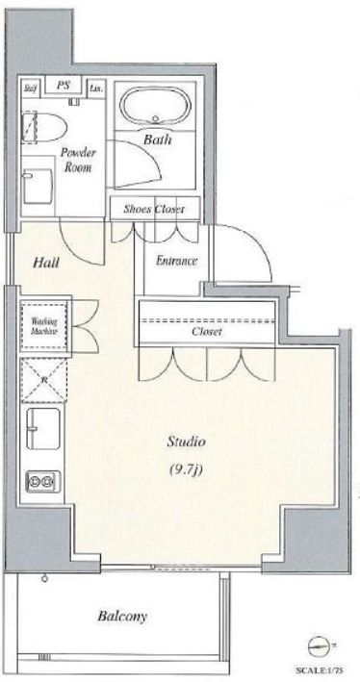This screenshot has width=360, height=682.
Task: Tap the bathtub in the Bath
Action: coord(154,105)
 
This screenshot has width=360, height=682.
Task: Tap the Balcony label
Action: coord(123,617)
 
